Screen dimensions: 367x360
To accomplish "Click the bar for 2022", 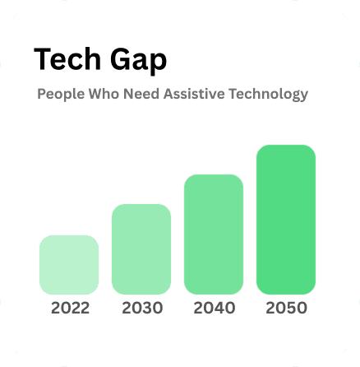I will click(69, 264).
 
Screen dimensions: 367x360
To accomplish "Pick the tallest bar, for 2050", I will click(285, 218).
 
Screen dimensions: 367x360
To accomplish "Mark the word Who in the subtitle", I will click(104, 94).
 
